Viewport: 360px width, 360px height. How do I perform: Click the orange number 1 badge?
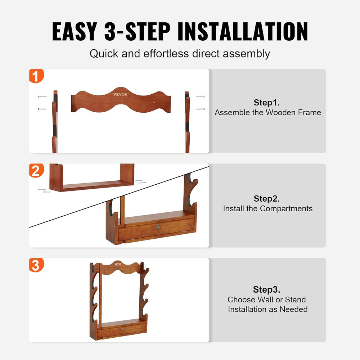click(x=36, y=76)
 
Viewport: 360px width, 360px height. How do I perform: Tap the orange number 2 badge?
click(x=36, y=171)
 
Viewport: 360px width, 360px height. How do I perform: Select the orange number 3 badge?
click(x=36, y=265)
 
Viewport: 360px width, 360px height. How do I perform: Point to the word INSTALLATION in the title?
click(x=243, y=32)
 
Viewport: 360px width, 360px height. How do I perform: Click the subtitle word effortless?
click(x=167, y=54)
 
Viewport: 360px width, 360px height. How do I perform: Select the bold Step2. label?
click(x=267, y=198)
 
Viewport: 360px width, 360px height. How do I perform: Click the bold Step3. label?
click(x=267, y=289)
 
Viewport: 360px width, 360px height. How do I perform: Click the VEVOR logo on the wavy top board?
click(x=120, y=95)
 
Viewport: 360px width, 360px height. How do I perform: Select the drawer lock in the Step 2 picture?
click(x=158, y=227)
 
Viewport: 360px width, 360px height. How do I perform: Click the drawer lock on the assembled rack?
click(x=123, y=329)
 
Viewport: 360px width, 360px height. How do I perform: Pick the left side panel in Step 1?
click(x=54, y=122)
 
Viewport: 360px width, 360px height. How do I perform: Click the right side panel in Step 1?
click(x=187, y=122)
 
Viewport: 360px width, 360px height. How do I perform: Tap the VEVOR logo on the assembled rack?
click(x=118, y=264)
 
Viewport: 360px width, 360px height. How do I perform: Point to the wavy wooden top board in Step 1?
click(x=121, y=103)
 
